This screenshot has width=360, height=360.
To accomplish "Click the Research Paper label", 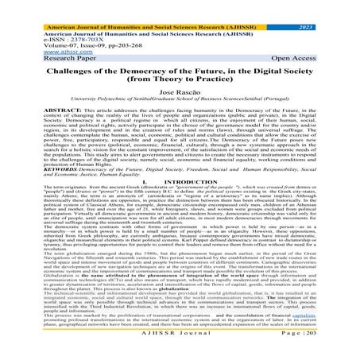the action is (29, 50).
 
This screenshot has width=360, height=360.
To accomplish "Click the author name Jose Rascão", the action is (180, 93).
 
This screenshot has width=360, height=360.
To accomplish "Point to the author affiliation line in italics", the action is (180, 103).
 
